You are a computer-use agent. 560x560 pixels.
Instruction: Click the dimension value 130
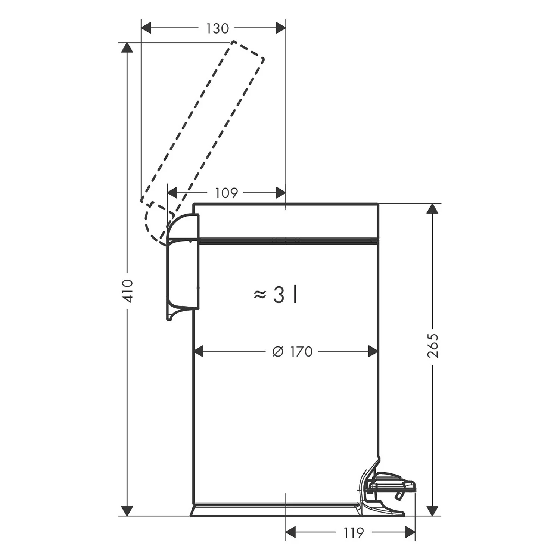click(x=217, y=28)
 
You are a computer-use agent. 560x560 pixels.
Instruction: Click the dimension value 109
click(x=227, y=193)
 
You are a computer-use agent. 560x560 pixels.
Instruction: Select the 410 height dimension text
click(x=128, y=291)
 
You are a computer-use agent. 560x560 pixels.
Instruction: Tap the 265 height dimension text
click(x=433, y=346)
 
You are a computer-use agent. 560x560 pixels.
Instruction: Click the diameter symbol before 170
click(x=278, y=352)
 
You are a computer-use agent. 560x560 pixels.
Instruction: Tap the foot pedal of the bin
click(x=392, y=485)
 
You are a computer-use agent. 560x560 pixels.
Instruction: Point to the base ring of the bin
click(x=276, y=511)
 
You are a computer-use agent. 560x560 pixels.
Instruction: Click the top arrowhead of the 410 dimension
click(x=127, y=48)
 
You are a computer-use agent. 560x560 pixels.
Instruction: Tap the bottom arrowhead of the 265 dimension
click(x=433, y=511)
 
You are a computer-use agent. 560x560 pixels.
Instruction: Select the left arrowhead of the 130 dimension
click(x=146, y=28)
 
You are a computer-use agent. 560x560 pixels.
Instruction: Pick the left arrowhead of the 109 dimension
click(x=172, y=193)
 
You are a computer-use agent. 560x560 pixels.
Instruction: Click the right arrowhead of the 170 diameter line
click(x=373, y=352)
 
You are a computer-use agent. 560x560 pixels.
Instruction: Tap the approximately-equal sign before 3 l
click(x=260, y=295)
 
